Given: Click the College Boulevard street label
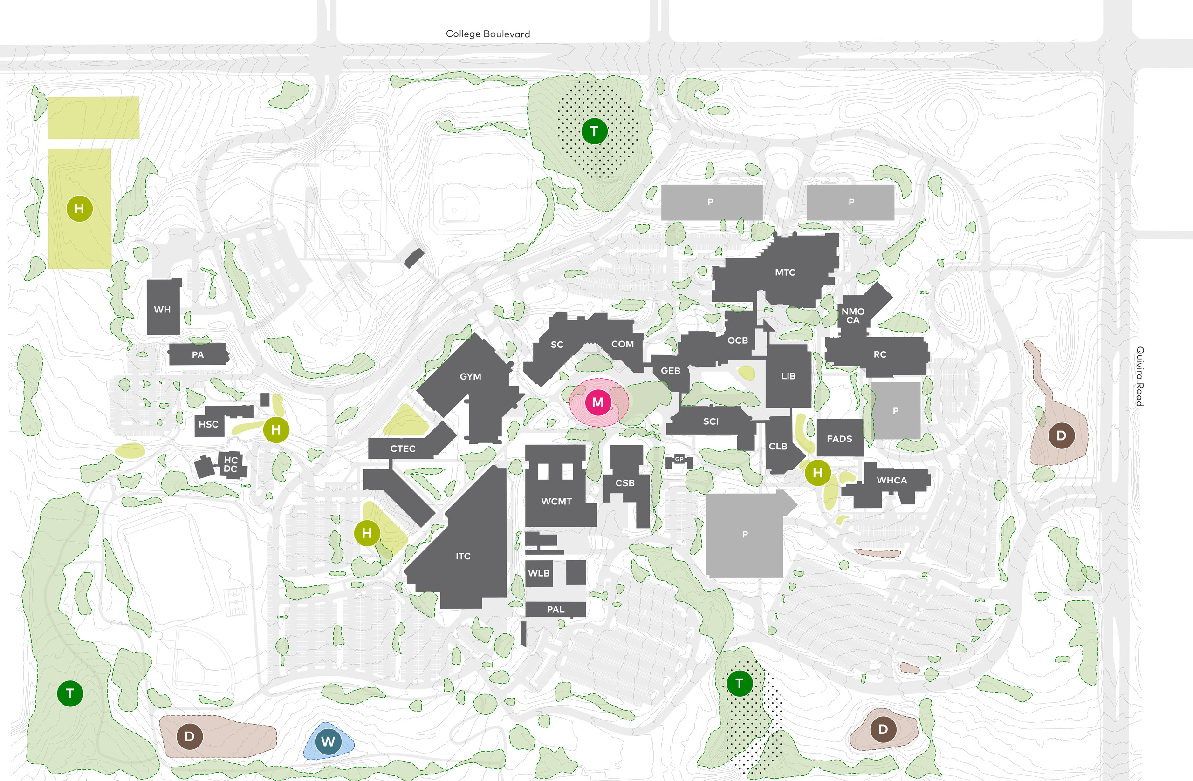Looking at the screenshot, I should pos(488,34).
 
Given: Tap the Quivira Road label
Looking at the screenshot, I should pos(1139,376).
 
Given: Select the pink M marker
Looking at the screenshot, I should pos(597,402).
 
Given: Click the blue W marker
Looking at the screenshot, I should pos(329,741).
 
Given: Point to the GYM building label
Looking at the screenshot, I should pos(470,376).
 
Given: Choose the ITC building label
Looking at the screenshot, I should pos(463,556).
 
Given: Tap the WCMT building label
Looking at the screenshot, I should pos(556,501).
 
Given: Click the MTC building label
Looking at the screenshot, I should pos(785,272).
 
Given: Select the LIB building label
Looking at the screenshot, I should pos(788,376).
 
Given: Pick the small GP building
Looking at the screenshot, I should pos(679,459).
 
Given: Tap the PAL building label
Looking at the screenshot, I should pos(555,610).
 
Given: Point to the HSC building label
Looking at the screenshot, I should pos(208,424).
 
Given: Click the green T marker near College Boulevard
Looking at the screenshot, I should pos(595,131).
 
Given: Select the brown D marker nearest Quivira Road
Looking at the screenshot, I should pos(1061,435).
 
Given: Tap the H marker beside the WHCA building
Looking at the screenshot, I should pos(817,472).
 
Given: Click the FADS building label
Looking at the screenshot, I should pos(839,439).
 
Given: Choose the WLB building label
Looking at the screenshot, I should pos(539,573).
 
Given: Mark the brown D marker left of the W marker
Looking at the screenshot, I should pos(190,736).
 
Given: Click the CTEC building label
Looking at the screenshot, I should pos(403,449).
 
